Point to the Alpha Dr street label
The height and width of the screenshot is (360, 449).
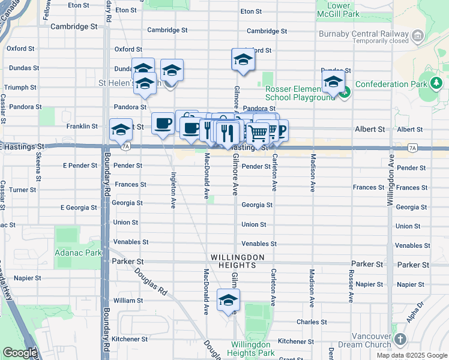415,313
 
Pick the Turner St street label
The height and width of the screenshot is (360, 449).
23,190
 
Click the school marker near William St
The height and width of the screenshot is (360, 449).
228,300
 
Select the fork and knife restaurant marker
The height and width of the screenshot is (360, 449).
226,133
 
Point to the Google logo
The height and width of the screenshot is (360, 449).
20,353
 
